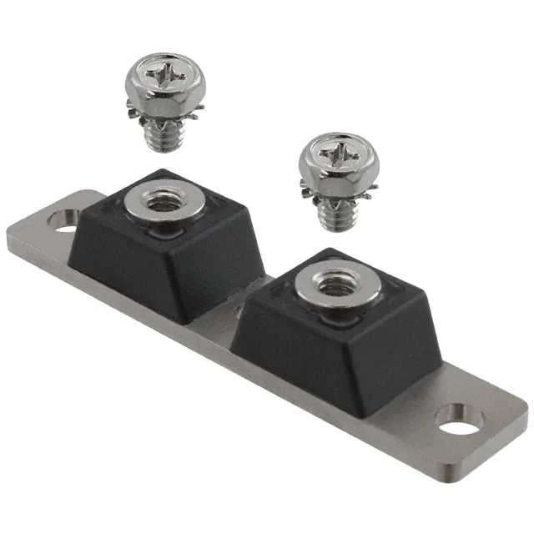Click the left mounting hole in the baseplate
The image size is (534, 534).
pos(64,220)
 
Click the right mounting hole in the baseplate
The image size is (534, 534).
pos(458,420)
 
